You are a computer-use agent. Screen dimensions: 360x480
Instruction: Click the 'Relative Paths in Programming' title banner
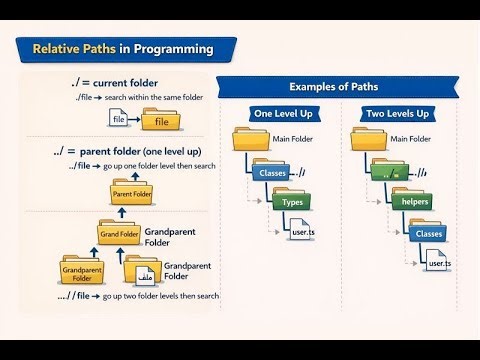point(123,48)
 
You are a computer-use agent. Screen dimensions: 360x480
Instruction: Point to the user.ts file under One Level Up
point(301,233)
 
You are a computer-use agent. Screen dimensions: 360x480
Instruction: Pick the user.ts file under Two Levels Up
point(439,262)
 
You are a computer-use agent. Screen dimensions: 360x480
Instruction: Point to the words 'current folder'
point(129,82)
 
